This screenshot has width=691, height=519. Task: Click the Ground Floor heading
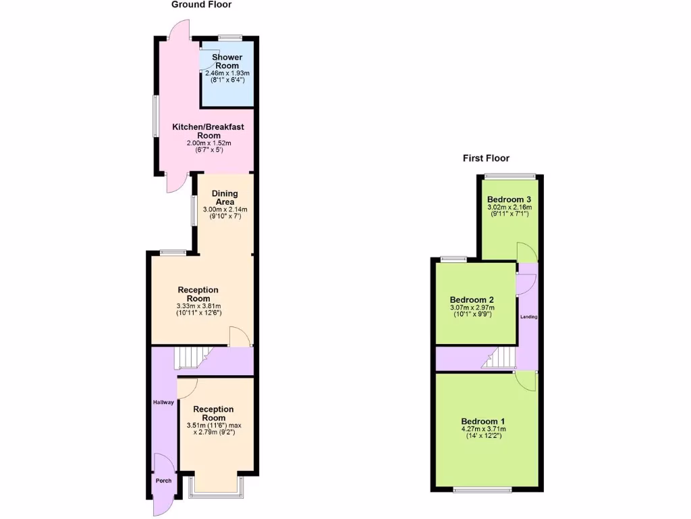pyautogui.click(x=201, y=5)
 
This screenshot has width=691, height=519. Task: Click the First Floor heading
pyautogui.click(x=486, y=158)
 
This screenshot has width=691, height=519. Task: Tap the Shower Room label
pyautogui.click(x=227, y=61)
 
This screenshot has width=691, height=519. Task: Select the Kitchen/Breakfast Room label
pyautogui.click(x=208, y=131)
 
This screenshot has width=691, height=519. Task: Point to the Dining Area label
pyautogui.click(x=225, y=198)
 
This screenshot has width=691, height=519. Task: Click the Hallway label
pyautogui.click(x=163, y=402)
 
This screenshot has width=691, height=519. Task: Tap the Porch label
pyautogui.click(x=163, y=480)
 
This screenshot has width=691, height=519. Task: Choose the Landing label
pyautogui.click(x=528, y=316)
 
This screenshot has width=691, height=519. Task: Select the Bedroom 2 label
pyautogui.click(x=472, y=300)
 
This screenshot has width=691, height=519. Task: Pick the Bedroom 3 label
pyautogui.click(x=509, y=199)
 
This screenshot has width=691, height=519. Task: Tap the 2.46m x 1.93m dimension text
pyautogui.click(x=227, y=73)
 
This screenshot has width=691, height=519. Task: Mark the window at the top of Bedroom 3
pyautogui.click(x=510, y=176)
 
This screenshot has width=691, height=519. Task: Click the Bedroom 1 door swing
pyautogui.click(x=526, y=381)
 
